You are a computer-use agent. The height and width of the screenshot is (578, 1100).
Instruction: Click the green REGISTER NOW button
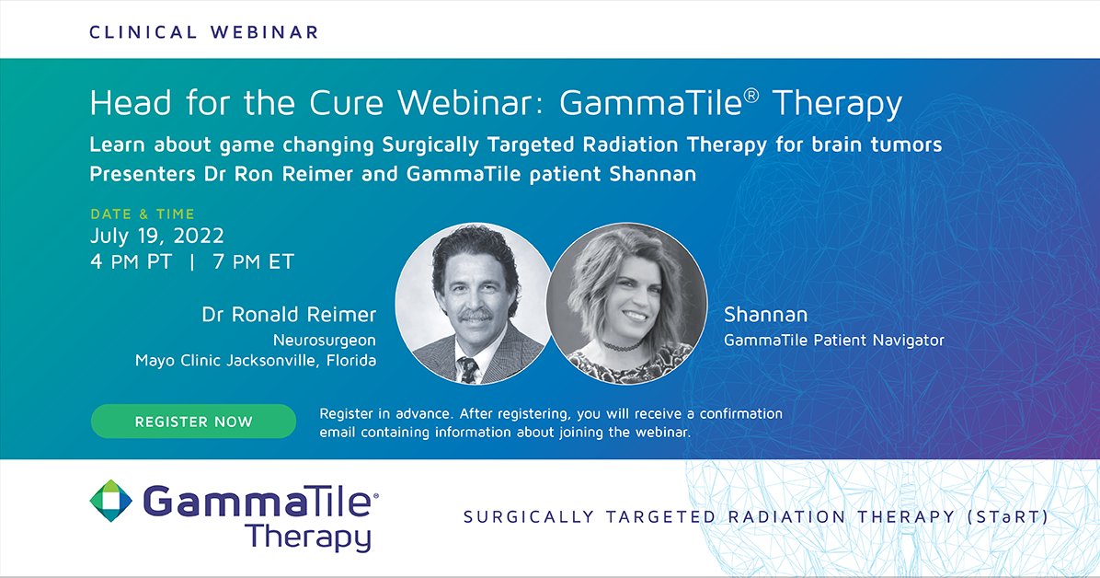[193, 422]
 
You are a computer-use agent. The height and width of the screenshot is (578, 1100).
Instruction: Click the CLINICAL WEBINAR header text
[203, 32]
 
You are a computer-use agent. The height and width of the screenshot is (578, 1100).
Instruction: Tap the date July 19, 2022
[157, 237]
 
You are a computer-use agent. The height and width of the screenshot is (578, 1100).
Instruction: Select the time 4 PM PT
[131, 261]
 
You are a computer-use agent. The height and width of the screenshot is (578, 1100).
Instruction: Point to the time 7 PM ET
[253, 261]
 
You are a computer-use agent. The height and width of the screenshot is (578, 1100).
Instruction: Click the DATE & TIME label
[142, 214]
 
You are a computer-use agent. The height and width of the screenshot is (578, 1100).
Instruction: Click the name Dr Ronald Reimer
[289, 315]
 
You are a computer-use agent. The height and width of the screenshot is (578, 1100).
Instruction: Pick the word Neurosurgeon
[324, 340]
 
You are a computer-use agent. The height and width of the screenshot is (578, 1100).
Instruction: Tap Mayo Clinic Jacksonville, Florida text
[256, 361]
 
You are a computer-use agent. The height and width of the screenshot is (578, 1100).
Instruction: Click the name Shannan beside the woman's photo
[765, 316]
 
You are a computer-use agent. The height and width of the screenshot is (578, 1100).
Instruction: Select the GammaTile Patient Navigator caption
[833, 340]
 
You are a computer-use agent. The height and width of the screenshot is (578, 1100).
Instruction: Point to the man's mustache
[475, 316]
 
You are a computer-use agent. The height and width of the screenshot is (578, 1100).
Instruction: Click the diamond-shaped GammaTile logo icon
[111, 502]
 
